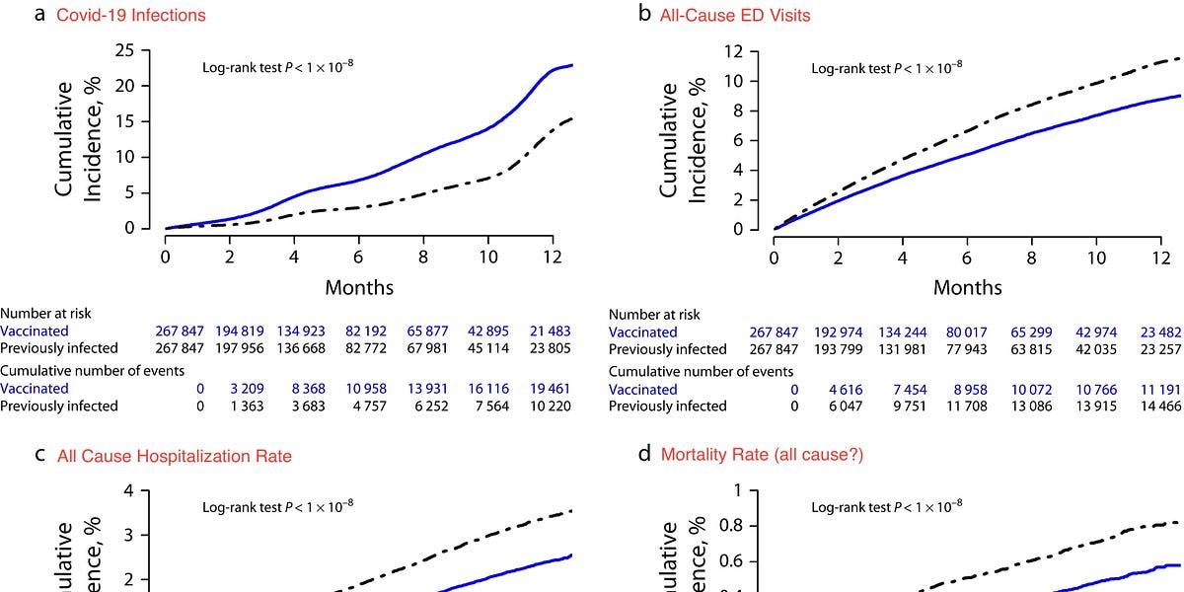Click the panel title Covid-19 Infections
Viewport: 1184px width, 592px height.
tap(131, 16)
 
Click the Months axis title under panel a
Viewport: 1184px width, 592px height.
tap(359, 288)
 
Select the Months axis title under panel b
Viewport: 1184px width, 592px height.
tap(967, 288)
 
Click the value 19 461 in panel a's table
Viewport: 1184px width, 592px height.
tap(549, 389)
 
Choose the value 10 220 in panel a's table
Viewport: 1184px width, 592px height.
tap(549, 406)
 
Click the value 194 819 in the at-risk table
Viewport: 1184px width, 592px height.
tap(254, 332)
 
